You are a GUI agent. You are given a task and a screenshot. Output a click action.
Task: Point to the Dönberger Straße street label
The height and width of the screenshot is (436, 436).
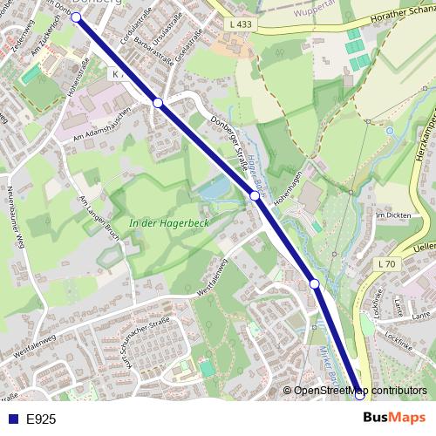(229, 144)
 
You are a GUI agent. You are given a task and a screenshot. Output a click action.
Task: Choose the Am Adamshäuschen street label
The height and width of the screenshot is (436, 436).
(102, 128)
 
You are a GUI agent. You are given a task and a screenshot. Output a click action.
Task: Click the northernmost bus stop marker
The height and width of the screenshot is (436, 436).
(76, 17)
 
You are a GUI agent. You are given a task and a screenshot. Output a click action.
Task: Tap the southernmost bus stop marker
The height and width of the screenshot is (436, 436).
(360, 394)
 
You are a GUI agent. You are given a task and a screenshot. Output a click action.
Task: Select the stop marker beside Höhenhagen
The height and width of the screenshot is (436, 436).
(255, 196)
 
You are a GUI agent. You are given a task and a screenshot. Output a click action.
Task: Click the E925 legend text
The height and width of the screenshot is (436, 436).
(41, 419)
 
